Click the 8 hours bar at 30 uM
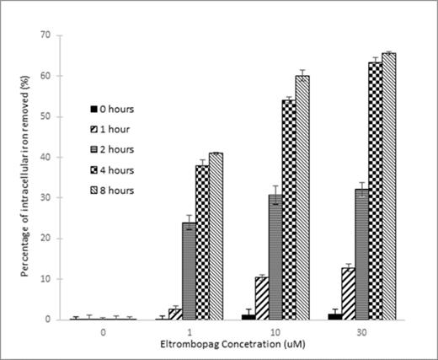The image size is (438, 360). (x=388, y=186)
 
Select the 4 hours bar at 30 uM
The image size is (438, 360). (x=374, y=191)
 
